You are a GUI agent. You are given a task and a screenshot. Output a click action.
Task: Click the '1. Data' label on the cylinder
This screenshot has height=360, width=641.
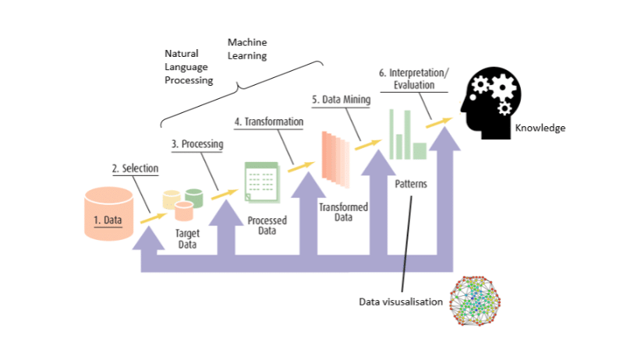108,220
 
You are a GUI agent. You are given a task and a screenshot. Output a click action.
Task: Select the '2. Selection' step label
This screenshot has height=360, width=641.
136,168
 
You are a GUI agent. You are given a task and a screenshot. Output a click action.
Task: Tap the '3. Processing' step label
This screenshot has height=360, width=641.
197,144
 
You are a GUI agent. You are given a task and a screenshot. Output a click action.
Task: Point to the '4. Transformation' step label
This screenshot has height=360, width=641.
268,122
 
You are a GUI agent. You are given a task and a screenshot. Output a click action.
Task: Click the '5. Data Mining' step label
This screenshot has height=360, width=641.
342,101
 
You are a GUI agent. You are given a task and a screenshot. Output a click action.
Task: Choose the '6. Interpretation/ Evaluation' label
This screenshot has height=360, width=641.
413,78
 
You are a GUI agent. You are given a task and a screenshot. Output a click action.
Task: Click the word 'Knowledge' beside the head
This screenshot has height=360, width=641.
540,128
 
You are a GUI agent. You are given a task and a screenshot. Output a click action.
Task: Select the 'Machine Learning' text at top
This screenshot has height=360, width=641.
247,48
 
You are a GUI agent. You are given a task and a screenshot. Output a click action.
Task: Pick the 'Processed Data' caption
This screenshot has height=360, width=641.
267,226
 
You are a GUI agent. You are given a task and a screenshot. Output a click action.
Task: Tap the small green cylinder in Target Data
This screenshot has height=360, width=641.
194,198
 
